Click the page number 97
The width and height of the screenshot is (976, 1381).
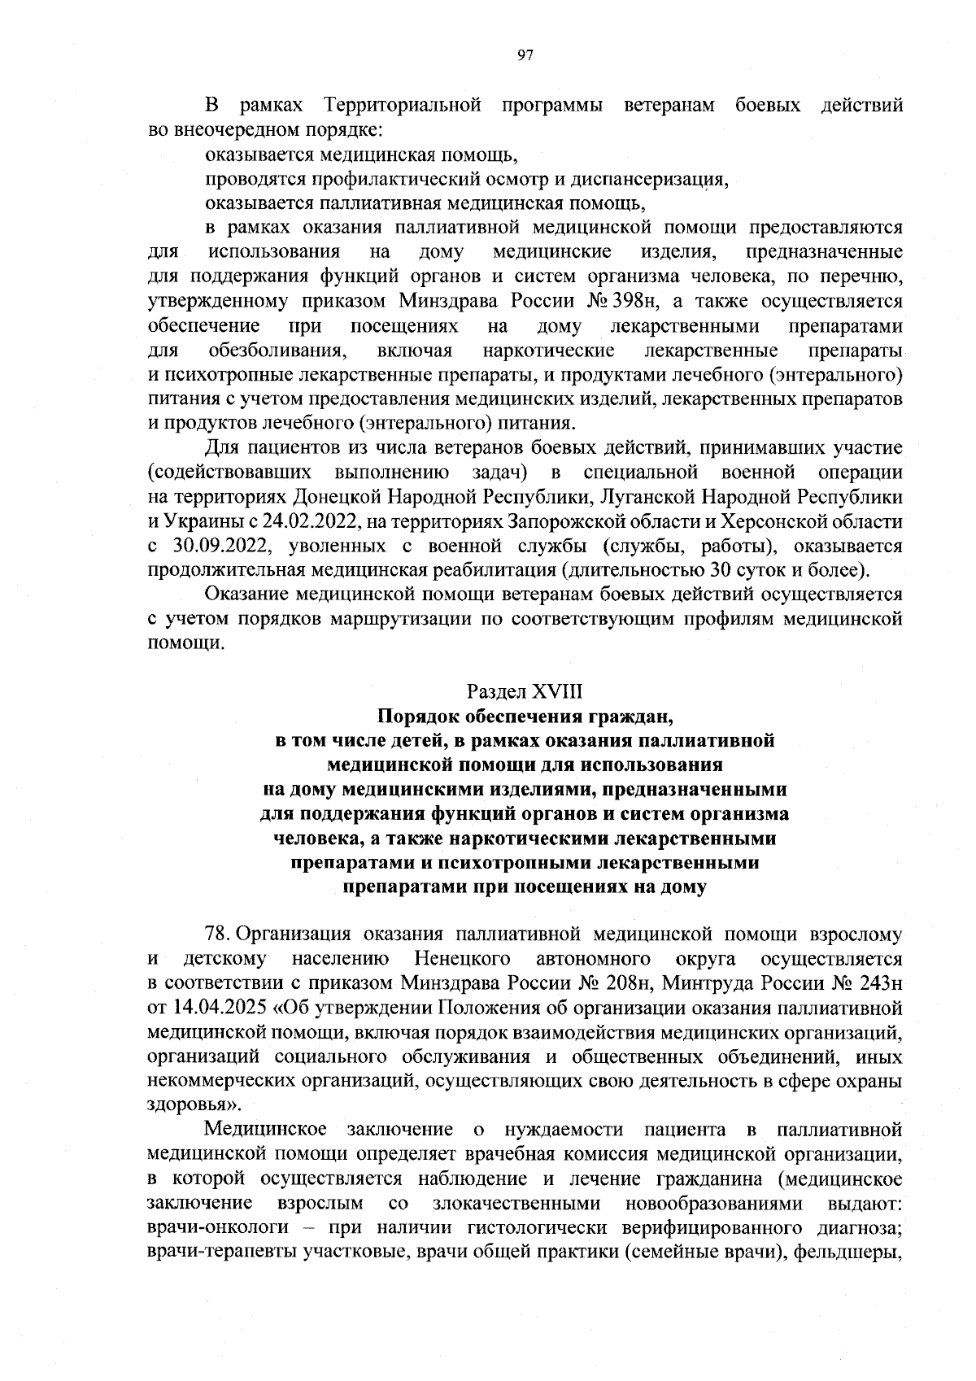click(x=525, y=54)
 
